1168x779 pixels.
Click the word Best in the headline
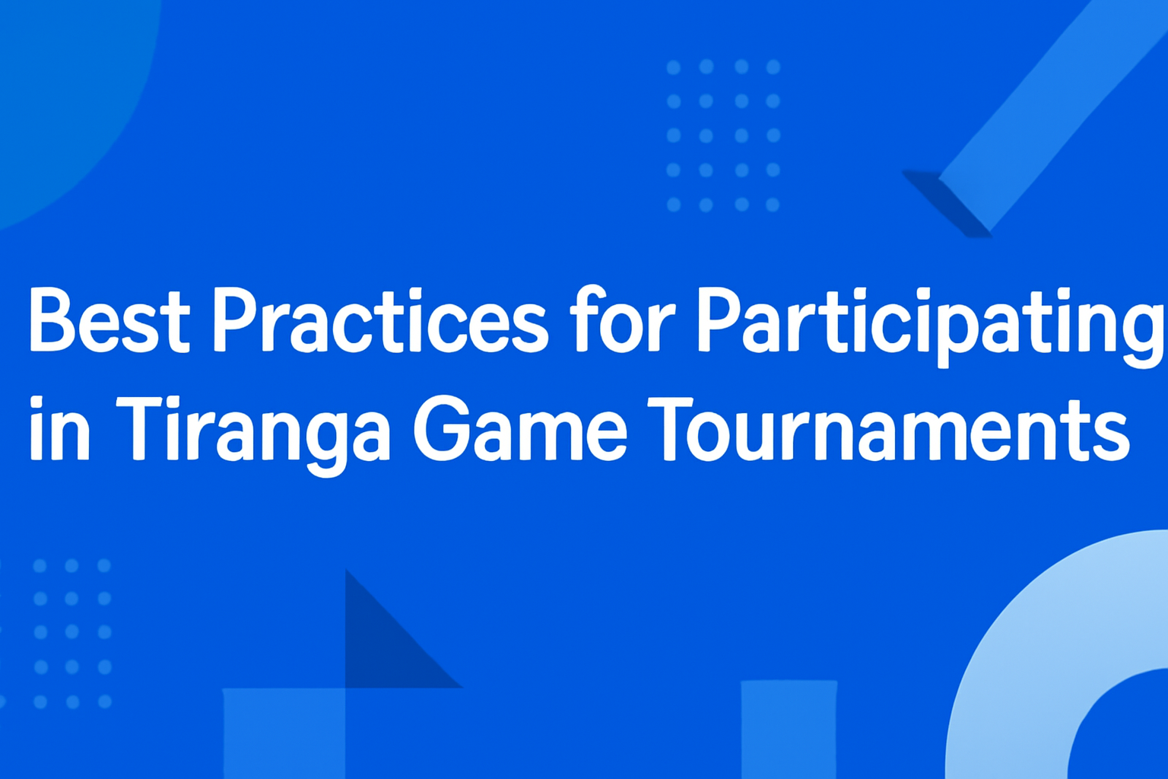(x=108, y=321)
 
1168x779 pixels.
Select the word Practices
(x=379, y=321)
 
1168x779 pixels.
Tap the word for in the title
(x=621, y=321)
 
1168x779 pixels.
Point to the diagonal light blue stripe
(x=1049, y=114)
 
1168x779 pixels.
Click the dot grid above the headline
(x=723, y=135)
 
